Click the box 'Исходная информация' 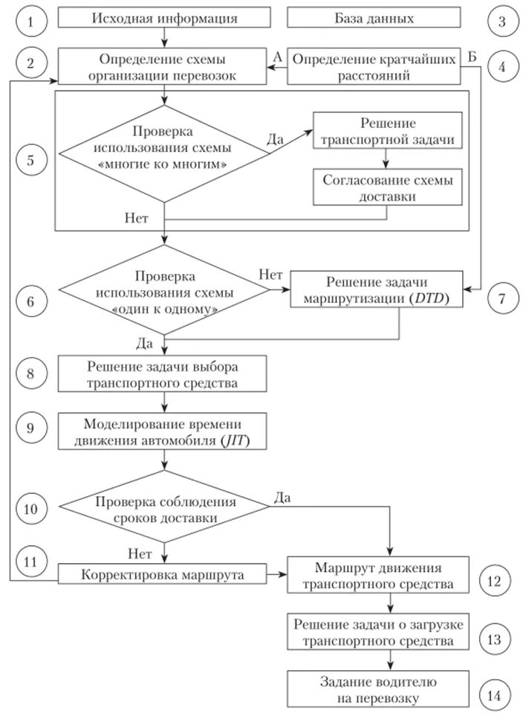(165, 19)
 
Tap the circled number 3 (502, 21)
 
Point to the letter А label (277, 56)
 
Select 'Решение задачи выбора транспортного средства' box (164, 374)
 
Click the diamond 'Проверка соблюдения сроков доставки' (164, 509)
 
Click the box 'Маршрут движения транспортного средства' (379, 575)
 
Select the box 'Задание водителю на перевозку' (379, 689)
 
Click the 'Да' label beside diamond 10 (283, 497)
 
